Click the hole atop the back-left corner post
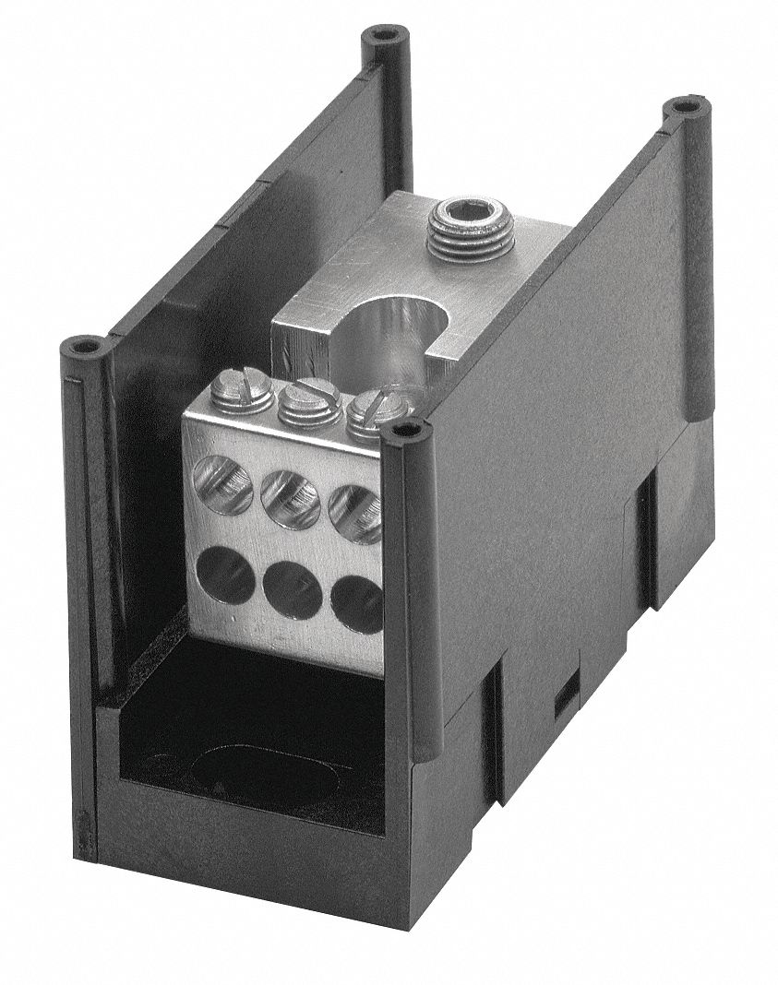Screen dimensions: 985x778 click(379, 36)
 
